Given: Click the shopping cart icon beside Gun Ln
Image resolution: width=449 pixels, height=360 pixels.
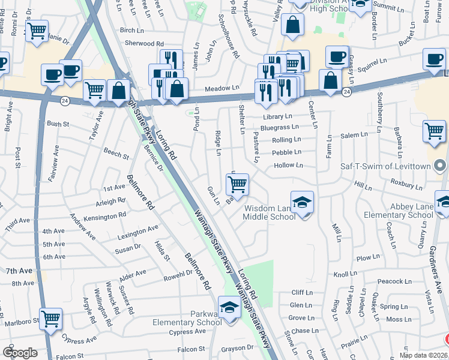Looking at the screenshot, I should click(x=238, y=184).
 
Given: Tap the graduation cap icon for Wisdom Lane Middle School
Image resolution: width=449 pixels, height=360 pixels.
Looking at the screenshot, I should click(x=303, y=202).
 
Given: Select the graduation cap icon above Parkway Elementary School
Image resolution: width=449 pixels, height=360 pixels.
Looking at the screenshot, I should click(x=229, y=307).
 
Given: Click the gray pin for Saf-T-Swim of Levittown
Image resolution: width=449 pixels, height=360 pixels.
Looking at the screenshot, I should click(x=440, y=165).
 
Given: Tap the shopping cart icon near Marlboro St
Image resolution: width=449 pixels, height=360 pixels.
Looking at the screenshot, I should click(x=51, y=319).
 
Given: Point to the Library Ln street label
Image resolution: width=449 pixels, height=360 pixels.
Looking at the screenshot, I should click(x=277, y=116).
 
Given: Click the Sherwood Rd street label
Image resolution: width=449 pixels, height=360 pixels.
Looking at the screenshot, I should click(x=144, y=44).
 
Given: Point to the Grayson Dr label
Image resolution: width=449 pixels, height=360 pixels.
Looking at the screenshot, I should click(x=238, y=347).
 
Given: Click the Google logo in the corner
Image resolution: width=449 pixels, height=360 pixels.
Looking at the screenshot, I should click(x=20, y=353).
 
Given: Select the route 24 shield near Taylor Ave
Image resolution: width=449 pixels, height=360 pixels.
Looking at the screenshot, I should click(x=65, y=101).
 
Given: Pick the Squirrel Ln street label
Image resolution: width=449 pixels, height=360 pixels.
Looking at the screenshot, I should click(x=372, y=62).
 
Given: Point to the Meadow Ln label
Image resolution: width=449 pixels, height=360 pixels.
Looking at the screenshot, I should click(x=222, y=88).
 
